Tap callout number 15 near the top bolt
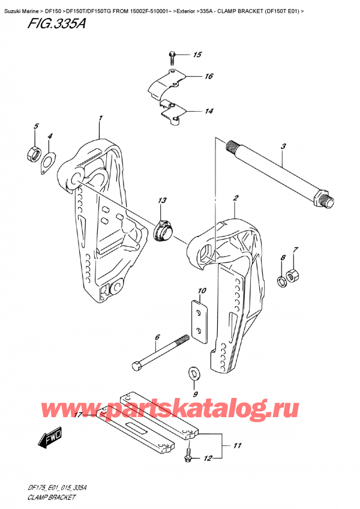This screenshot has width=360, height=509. (197, 55)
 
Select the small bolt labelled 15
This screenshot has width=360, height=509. (172, 58)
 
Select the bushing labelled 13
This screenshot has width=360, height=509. (164, 230)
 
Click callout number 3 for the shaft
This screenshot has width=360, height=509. (283, 146)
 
